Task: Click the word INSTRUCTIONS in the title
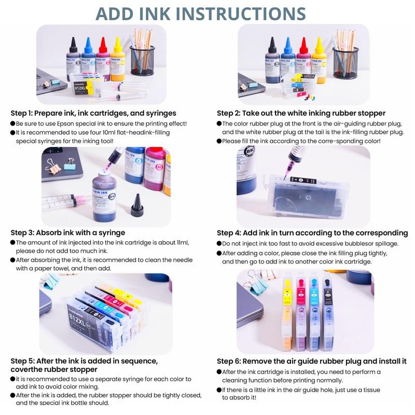(241, 14)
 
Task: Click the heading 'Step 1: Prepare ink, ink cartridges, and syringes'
(93, 113)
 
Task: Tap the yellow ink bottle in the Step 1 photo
(118, 59)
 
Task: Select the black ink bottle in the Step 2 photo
(272, 60)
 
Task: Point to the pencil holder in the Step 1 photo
(142, 61)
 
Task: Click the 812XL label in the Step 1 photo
(80, 87)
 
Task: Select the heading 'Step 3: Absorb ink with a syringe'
(68, 232)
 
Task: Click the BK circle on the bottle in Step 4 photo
(250, 151)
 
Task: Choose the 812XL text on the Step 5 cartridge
(77, 319)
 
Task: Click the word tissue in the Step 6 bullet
(370, 390)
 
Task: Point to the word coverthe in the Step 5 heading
(25, 369)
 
